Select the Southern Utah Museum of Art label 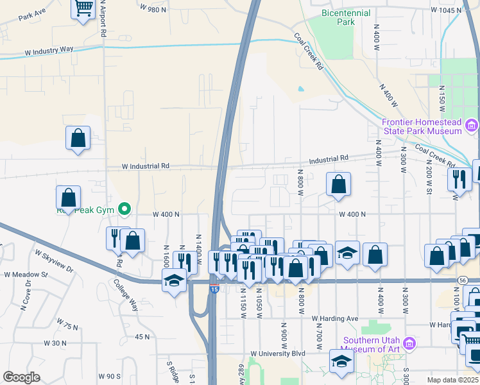372,345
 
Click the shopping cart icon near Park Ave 83,9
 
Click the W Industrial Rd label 147,166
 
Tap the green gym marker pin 126,209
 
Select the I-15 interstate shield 214,289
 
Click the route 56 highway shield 463,280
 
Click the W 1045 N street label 446,10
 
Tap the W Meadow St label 26,274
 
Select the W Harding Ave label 334,318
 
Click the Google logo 21,377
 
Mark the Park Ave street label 32,13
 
